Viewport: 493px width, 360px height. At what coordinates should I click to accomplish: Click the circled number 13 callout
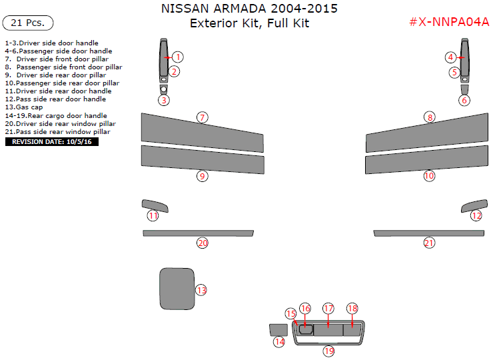[201, 290]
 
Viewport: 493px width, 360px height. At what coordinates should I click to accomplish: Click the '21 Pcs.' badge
[28, 23]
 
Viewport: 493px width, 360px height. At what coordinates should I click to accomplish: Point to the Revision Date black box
[51, 142]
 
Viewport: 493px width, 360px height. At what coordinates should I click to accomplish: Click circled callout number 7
[202, 117]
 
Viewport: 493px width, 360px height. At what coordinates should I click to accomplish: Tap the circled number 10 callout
[429, 176]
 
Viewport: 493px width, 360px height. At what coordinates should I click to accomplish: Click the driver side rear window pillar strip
[198, 233]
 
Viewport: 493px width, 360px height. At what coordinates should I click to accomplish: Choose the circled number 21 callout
[429, 243]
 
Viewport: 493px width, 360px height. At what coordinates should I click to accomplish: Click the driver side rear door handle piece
[155, 205]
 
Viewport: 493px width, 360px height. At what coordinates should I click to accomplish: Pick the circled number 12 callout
[476, 215]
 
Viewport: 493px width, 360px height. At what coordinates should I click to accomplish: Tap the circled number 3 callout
[164, 100]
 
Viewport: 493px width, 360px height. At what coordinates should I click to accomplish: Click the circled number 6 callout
[464, 101]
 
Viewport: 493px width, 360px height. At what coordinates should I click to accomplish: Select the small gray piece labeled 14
[277, 329]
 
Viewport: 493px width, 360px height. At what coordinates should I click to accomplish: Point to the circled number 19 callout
[328, 351]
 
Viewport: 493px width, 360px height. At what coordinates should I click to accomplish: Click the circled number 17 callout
[328, 309]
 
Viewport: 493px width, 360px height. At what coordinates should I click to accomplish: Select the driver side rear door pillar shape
[202, 159]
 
